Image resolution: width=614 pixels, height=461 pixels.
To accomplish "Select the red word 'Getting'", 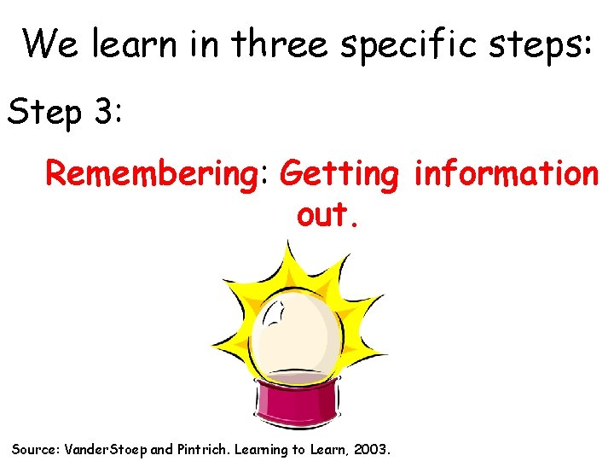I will pyautogui.click(x=339, y=174).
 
